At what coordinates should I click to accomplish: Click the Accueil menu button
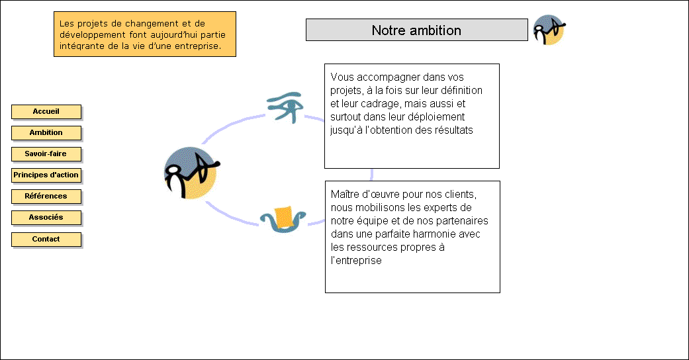46,112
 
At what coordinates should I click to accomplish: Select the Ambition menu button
46,133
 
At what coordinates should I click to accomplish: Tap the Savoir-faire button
46,154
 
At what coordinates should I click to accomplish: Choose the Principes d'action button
46,175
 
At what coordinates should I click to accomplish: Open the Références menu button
46,196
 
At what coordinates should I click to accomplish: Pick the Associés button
46,217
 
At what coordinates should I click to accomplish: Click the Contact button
46,239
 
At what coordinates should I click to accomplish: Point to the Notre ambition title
416,30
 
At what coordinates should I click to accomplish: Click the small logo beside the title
549,30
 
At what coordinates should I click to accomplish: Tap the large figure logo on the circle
191,173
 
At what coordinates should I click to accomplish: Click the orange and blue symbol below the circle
283,219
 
